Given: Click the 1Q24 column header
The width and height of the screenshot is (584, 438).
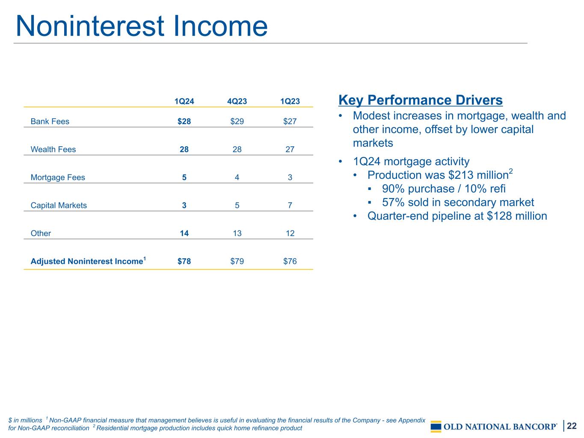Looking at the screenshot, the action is click(x=184, y=101).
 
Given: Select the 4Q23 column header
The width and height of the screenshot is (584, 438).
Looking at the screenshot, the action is click(x=237, y=101).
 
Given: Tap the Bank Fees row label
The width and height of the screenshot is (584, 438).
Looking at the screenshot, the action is click(x=50, y=121).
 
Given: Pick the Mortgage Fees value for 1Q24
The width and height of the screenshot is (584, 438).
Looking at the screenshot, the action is click(x=184, y=177).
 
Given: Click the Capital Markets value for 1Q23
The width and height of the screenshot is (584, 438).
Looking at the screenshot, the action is click(x=290, y=205).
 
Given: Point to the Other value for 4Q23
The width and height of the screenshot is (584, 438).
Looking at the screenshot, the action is click(x=237, y=233).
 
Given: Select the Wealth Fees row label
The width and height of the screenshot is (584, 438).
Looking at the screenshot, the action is click(x=53, y=149).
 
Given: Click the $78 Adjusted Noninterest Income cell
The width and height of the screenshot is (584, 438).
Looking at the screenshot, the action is click(x=184, y=261).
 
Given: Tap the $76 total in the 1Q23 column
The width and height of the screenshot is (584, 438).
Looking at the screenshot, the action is click(x=290, y=261).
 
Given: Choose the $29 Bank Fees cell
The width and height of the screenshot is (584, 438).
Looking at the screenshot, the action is click(x=237, y=121).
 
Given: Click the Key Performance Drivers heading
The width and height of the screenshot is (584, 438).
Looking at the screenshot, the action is click(x=421, y=100).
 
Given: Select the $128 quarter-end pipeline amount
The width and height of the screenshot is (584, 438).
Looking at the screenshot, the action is click(x=499, y=216).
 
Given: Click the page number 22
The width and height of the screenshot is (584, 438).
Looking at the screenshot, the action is click(x=572, y=426).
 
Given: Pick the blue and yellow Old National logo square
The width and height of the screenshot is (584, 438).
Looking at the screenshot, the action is click(x=436, y=426).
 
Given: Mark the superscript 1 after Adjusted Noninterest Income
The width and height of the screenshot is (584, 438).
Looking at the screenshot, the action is click(x=145, y=258).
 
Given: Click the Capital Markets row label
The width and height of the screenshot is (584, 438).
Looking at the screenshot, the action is click(x=59, y=205).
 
